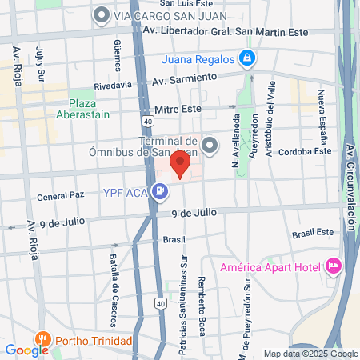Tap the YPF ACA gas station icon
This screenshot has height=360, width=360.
click(x=161, y=191)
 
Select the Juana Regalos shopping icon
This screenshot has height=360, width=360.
click(x=248, y=58)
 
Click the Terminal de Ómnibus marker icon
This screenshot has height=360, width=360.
click(x=210, y=145)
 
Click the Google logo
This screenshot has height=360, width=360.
click(x=26, y=350)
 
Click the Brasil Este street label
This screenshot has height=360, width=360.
click(x=312, y=232)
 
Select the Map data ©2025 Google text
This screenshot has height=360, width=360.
click(x=311, y=354)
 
